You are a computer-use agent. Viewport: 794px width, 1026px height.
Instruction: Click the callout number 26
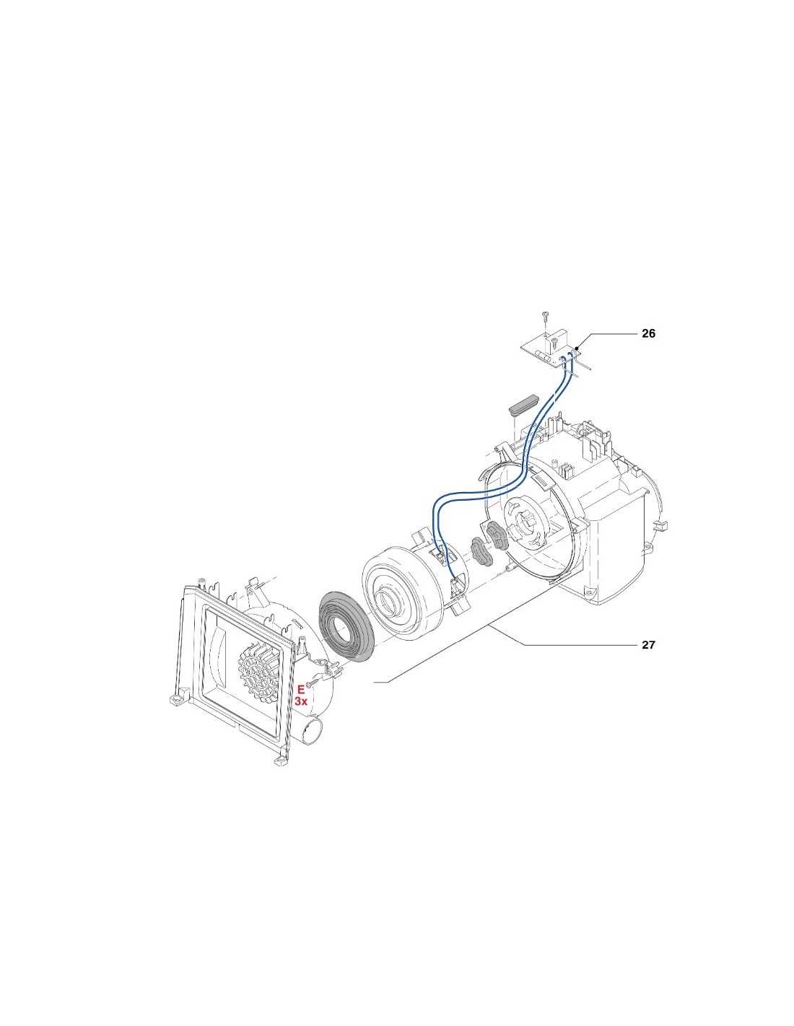(x=648, y=333)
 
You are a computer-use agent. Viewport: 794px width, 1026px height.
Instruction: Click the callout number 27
(x=648, y=644)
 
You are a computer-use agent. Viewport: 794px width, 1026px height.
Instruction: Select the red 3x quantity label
(x=301, y=701)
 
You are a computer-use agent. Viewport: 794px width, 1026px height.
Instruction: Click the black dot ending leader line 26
(x=578, y=348)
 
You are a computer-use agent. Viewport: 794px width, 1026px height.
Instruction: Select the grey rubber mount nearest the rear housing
(x=497, y=535)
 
